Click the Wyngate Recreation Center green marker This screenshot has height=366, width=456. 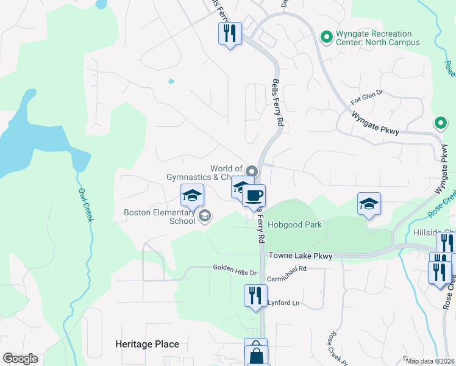click(x=326, y=38)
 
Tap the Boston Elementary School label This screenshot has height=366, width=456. click(x=160, y=217)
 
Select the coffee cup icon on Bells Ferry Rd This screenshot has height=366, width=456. click(x=254, y=196)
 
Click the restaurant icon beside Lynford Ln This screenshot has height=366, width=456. click(x=255, y=295)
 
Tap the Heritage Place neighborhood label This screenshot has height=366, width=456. click(x=147, y=344)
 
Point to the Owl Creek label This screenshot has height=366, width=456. click(x=84, y=204)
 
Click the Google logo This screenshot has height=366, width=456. click(x=20, y=359)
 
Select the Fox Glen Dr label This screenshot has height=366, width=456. click(x=366, y=95)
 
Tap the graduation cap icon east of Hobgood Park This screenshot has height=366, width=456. click(x=369, y=203)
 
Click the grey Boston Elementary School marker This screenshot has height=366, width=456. click(x=205, y=215)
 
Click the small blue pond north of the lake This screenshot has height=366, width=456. click(x=171, y=81)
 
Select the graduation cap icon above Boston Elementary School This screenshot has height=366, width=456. click(x=192, y=195)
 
